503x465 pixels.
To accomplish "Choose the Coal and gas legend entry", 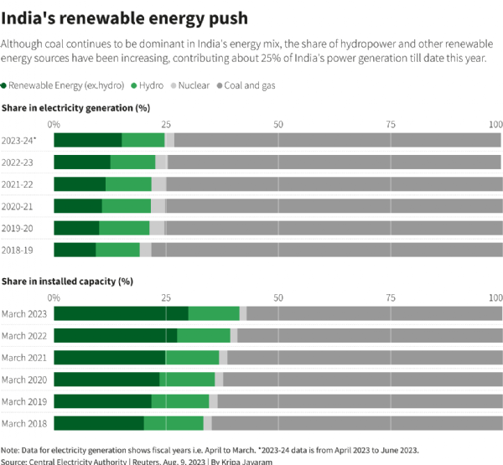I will (251, 85).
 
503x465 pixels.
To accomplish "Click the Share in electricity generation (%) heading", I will (75, 108).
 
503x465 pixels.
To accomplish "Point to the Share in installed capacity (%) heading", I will (68, 282).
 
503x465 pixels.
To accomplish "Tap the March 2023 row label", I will (24, 313).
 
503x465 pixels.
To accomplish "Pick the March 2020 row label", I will (24, 379).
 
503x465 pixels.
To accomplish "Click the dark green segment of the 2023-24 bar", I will (87, 140).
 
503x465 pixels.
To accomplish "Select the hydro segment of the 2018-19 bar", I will (117, 250).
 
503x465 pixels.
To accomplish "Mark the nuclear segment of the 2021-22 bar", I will (158, 183).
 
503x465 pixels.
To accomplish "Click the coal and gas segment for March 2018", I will (356, 423).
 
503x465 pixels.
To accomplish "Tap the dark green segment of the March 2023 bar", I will (121, 313).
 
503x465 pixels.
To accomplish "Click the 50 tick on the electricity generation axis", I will (277, 124).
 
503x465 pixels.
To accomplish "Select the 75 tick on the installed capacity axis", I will (390, 297).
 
